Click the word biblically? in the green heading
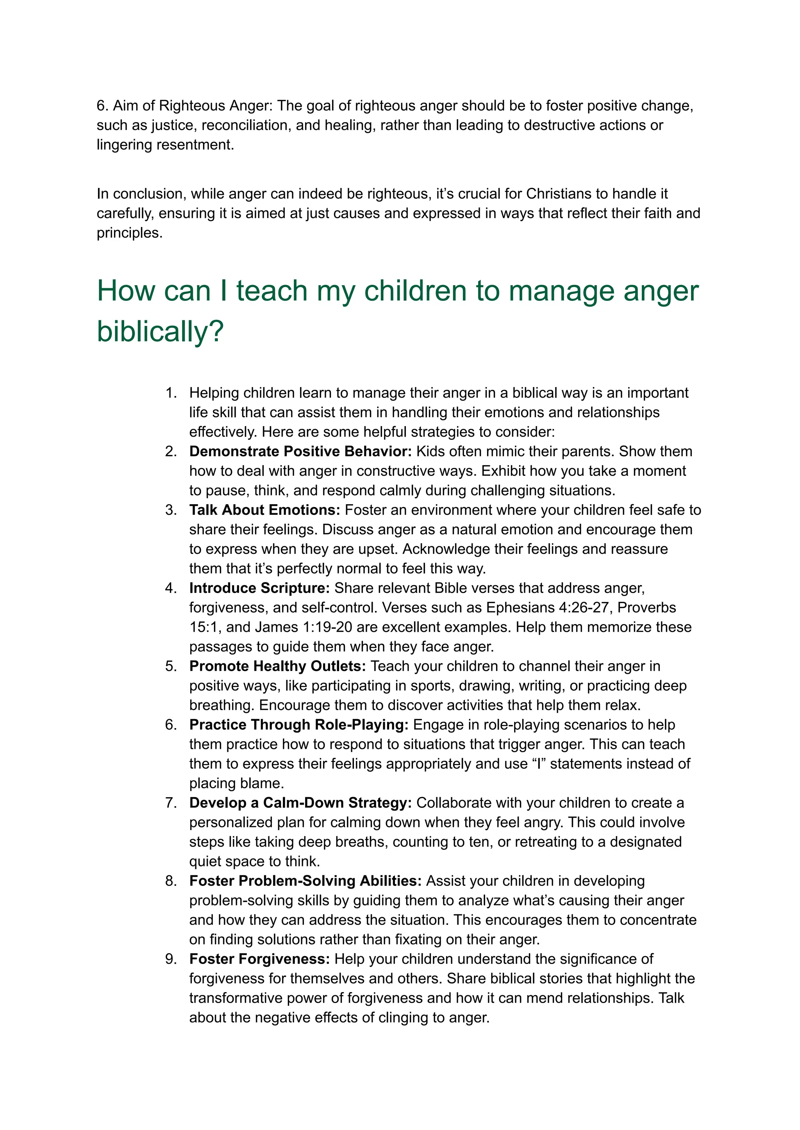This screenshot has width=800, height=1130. coord(160,332)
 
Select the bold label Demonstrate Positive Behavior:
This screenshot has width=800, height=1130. coord(300,451)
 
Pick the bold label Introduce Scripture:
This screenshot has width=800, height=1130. coord(259,588)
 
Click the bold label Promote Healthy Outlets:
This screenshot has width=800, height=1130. coord(277,666)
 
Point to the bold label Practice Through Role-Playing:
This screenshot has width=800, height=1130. coord(298,725)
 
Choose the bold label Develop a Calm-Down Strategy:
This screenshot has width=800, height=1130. coord(300,803)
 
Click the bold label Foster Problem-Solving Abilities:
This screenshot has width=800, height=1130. coord(305,881)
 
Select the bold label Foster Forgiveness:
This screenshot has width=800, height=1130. coord(259,959)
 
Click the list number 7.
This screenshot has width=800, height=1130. coord(170,803)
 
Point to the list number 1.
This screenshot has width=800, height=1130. coord(170,393)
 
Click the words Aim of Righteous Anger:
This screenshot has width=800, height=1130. coord(193,105)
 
